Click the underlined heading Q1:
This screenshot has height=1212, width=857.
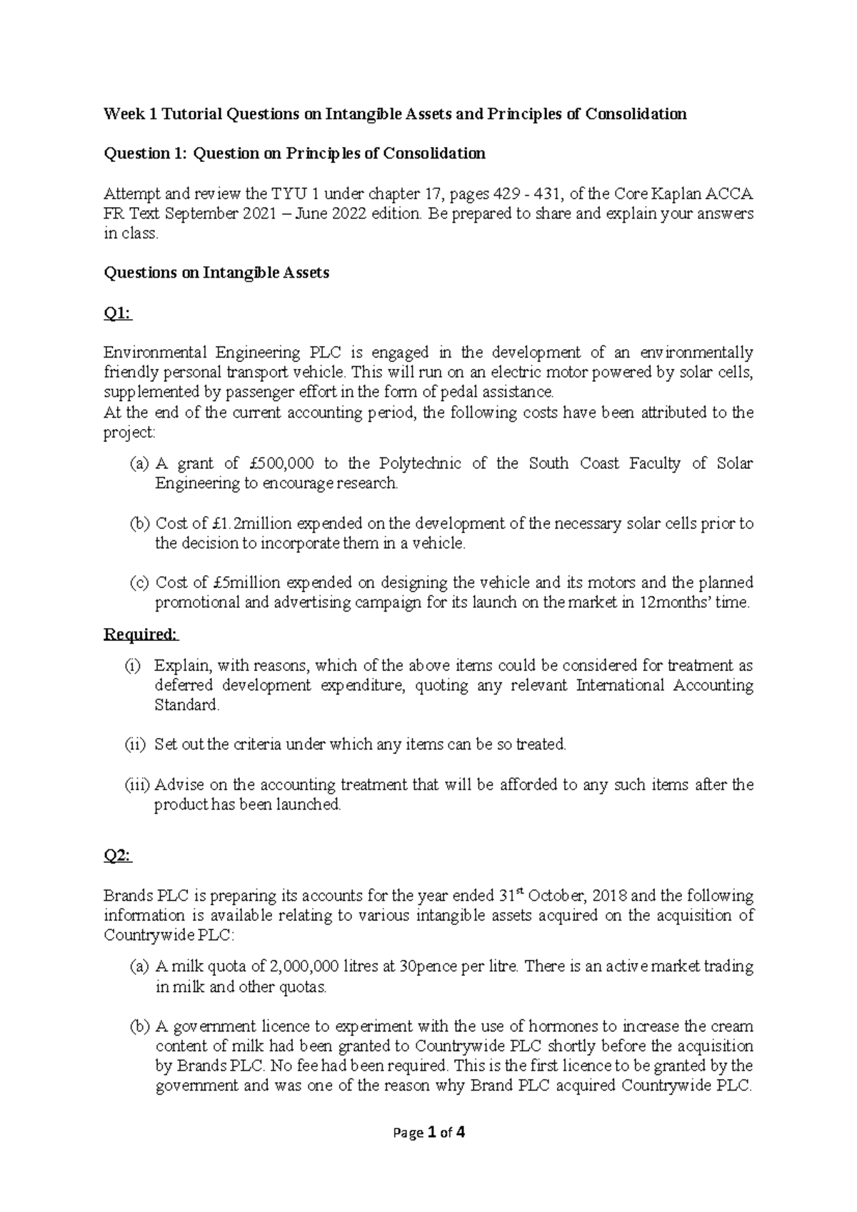point(118,313)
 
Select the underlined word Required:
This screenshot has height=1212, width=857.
point(141,635)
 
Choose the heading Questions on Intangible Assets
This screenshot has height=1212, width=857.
point(216,273)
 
